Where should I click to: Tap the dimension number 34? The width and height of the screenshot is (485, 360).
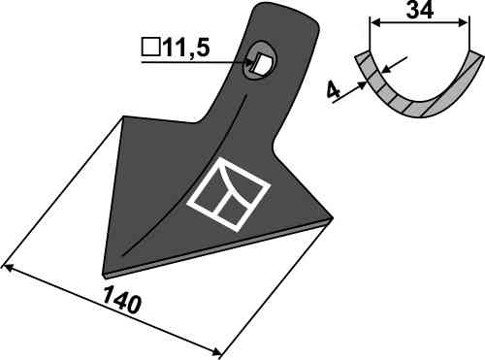pyautogui.click(x=419, y=11)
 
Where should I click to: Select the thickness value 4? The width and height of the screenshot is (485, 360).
pyautogui.click(x=333, y=90)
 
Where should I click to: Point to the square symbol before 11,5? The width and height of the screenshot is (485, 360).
pyautogui.click(x=150, y=48)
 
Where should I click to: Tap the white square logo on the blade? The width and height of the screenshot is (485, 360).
pyautogui.click(x=229, y=194)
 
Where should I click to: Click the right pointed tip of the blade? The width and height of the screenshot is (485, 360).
pyautogui.click(x=333, y=217)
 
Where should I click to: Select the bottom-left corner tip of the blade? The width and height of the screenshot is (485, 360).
pyautogui.click(x=104, y=275)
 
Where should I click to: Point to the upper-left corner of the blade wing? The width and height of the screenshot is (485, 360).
pyautogui.click(x=123, y=116)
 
